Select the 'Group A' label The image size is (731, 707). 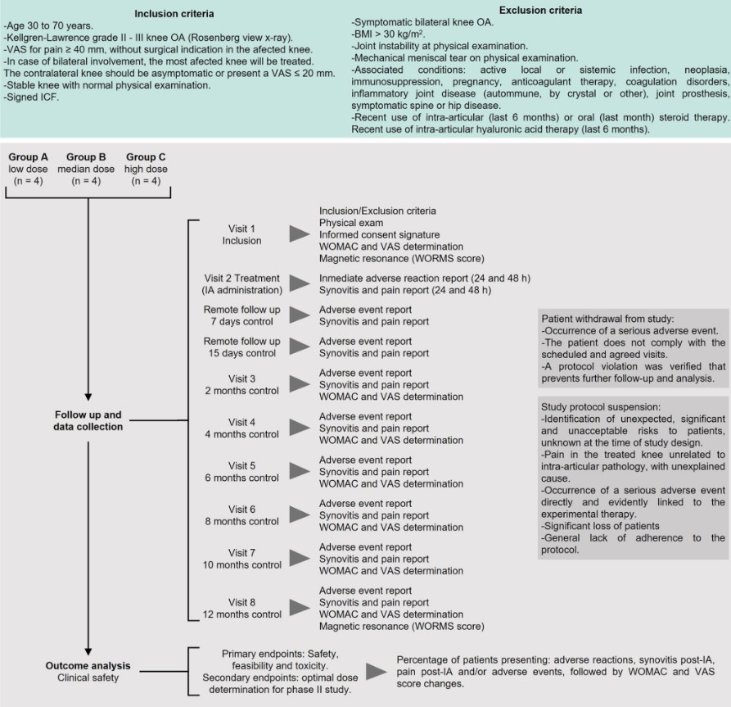coord(29,156)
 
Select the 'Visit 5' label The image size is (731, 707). coord(241,465)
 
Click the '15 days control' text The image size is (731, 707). coord(241,353)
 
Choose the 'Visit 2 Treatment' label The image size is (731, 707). coord(241,278)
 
